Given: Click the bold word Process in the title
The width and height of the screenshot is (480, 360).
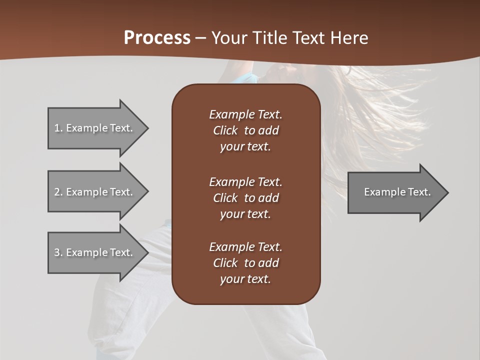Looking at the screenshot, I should pos(157,37).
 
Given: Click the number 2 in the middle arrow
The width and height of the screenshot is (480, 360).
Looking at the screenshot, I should pos(57,192).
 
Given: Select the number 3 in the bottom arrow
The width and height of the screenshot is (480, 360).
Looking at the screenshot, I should pos(57,252).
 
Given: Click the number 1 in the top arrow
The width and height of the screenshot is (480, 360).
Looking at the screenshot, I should pos(57,128).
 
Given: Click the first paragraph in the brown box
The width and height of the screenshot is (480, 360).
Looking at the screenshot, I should pos(245,130).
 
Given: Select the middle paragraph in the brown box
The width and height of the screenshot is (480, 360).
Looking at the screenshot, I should pos(245,198).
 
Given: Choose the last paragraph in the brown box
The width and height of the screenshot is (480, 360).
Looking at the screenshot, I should pos(245,263).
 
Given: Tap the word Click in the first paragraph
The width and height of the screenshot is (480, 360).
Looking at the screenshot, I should pos(225,130).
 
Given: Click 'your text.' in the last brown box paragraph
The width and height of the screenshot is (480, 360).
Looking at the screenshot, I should pos(245,279).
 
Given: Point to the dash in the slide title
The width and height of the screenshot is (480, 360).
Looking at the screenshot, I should pos(201,38).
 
